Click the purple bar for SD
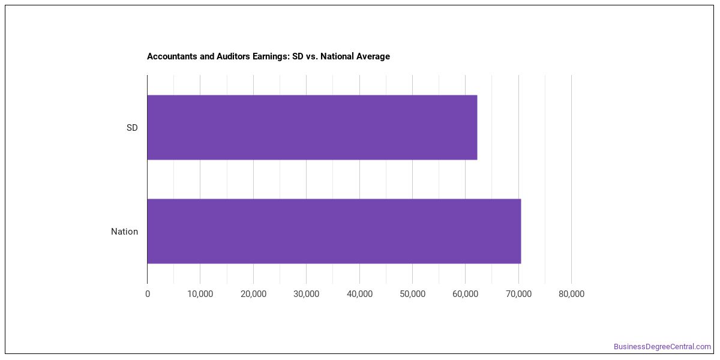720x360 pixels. coord(312,127)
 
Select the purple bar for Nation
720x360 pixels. coord(334,231)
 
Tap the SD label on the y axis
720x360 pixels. coord(132,128)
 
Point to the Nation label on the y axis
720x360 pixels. coord(124,232)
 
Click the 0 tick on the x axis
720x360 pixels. coord(148,294)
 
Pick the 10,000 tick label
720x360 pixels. coord(200,294)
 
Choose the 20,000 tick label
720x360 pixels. coord(253,294)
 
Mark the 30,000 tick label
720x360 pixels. coord(307,294)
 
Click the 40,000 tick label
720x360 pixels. coord(359,294)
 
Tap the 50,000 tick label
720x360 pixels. coord(412,294)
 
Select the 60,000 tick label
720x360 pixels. coord(465,294)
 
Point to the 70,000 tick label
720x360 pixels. coord(518,294)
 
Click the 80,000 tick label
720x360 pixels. coord(571,294)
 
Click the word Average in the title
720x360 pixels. coord(372,57)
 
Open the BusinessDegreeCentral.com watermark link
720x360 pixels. coord(662,347)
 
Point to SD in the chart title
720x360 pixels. coord(298,56)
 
